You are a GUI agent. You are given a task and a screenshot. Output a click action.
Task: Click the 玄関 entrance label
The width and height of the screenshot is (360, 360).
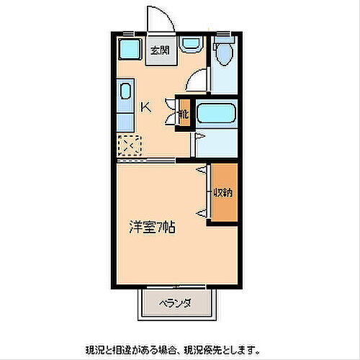coord(160,50)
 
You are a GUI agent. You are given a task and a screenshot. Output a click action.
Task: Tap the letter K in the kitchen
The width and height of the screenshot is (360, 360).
coord(145,108)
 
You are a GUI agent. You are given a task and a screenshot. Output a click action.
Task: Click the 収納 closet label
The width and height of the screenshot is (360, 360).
coord(222,193)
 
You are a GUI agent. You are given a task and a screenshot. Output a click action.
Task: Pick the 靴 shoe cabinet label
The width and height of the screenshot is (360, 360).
coord(184,114)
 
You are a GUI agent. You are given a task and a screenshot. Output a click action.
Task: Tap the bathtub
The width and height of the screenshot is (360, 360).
coord(217,114)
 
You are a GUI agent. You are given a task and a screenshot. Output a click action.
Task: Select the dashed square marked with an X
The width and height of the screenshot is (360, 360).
coord(130,145)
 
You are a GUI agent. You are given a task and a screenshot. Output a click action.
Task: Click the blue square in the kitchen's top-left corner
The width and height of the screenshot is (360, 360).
coord(130,50)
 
